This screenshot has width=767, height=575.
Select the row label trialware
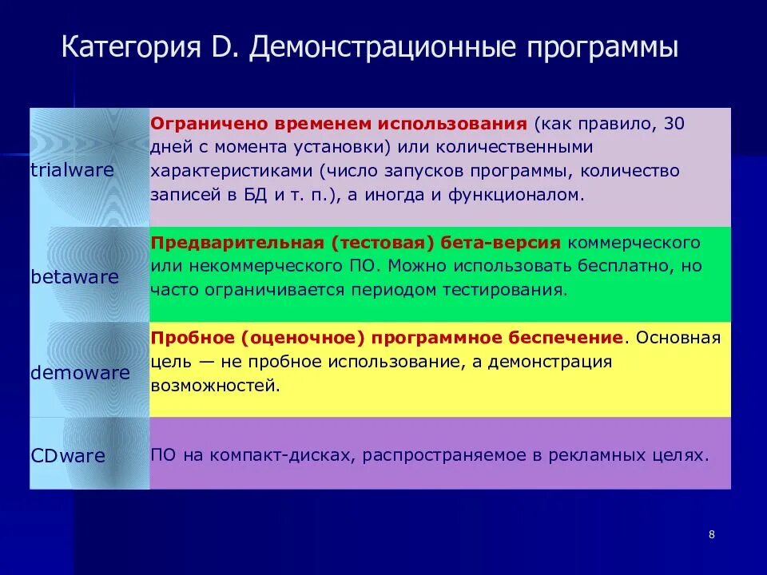point(72,170)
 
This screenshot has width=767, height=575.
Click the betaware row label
point(74,277)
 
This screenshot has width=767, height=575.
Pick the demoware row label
point(80,373)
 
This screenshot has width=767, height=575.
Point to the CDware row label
point(68,456)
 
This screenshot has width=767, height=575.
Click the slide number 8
point(711,534)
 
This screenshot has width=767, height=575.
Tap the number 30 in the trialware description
point(674,125)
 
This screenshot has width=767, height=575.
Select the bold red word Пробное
point(185,338)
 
